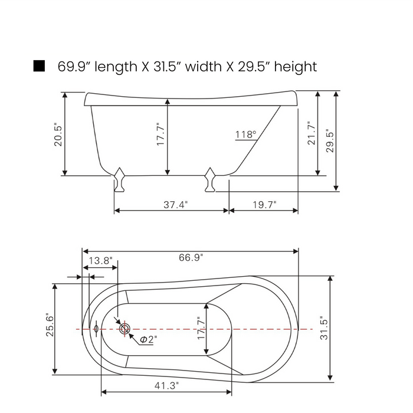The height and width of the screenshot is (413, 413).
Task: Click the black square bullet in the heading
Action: click(x=39, y=66)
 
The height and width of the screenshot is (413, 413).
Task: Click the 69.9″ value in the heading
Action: click(x=72, y=66)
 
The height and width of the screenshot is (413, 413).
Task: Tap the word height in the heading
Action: click(x=295, y=67)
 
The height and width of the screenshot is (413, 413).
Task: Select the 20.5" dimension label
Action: click(x=58, y=135)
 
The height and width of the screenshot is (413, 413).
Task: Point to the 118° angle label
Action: click(x=245, y=135)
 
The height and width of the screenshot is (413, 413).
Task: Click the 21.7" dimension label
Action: click(x=312, y=133)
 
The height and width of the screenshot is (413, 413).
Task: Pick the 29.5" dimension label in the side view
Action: click(x=330, y=140)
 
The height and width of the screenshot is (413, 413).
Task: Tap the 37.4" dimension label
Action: click(x=176, y=205)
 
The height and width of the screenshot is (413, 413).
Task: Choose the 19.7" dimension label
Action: click(x=264, y=205)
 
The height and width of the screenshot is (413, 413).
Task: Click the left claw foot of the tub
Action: click(x=120, y=179)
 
